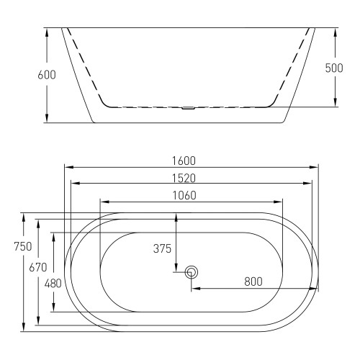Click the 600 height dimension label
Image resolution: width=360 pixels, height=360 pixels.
(x=47, y=75)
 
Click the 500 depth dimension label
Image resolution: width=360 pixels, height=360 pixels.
(x=334, y=68)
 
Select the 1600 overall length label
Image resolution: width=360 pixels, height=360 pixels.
(x=184, y=161)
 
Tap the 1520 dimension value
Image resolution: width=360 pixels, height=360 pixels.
(x=184, y=179)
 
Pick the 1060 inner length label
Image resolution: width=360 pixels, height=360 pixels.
(x=184, y=196)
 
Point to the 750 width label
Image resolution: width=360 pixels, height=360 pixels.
(x=23, y=246)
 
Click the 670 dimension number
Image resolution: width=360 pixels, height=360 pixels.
(x=38, y=267)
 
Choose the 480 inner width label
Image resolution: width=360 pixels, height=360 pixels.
(x=53, y=284)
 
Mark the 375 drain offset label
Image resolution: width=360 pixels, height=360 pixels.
(x=162, y=248)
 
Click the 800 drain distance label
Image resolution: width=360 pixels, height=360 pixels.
(x=253, y=282)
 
